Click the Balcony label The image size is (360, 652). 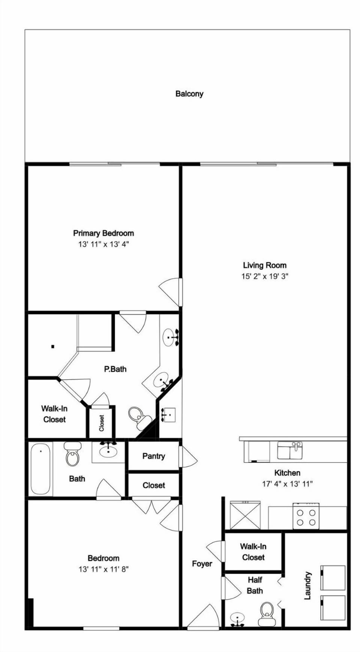click(x=189, y=94)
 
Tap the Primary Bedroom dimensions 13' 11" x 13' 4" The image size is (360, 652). click(x=103, y=244)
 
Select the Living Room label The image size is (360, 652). click(x=265, y=265)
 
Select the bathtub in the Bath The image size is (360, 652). click(x=40, y=469)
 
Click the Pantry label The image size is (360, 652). click(x=154, y=456)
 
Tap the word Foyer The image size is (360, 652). click(x=202, y=564)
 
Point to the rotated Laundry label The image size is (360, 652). click(x=307, y=585)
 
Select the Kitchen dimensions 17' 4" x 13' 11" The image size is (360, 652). click(x=287, y=484)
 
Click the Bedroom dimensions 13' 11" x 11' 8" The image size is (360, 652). click(x=103, y=569)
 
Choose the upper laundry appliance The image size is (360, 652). click(x=333, y=577)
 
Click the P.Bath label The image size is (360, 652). click(x=115, y=369)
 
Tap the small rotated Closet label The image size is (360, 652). click(x=102, y=423)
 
